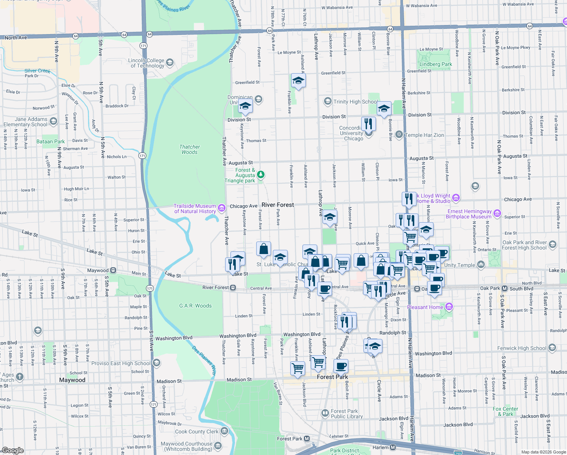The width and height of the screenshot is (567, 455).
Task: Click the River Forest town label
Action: [277, 205]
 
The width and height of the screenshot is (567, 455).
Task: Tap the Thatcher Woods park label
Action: [190, 149]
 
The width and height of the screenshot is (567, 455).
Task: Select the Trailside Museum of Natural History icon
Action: [222, 209]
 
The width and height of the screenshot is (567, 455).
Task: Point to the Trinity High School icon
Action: [327, 102]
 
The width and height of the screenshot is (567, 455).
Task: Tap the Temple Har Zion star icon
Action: [399, 135]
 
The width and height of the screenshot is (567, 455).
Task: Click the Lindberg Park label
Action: [435, 64]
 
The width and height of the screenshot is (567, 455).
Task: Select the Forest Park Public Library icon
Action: [325, 413]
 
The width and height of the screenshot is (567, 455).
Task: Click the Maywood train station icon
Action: [113, 270]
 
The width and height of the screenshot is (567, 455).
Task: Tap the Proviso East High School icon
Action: [157, 363]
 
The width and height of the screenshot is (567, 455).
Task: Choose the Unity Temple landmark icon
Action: [481, 265]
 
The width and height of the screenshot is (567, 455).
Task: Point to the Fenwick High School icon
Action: [552, 348]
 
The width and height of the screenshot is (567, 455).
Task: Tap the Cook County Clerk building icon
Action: [224, 431]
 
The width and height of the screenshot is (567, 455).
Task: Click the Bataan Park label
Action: [50, 141]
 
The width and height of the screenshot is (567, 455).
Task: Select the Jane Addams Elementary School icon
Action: [53, 121]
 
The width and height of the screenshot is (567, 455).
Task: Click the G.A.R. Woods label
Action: [196, 306]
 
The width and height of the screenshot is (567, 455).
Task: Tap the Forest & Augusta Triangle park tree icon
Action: [261, 175]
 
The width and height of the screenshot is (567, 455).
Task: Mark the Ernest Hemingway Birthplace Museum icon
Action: [497, 213]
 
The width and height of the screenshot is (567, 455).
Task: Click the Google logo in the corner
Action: [13, 450]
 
